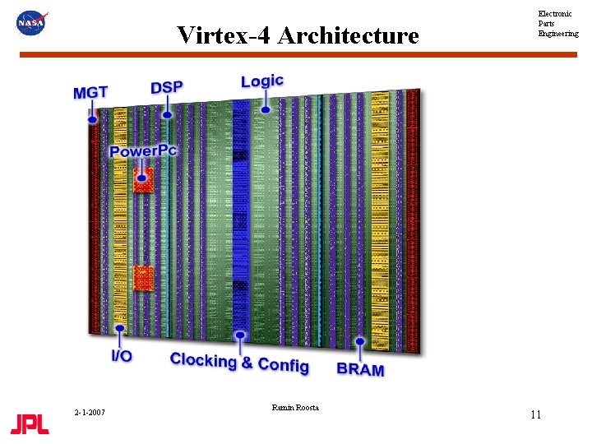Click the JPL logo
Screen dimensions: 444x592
point(30,424)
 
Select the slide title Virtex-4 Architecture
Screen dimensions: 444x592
point(298,35)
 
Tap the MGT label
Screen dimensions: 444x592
point(90,93)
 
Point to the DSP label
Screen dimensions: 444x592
point(167,87)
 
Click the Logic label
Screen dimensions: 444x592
point(261,81)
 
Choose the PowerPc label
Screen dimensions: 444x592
point(143,151)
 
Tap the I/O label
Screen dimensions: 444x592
point(122,356)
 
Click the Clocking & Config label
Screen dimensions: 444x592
point(239,362)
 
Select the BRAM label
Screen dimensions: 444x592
point(360,369)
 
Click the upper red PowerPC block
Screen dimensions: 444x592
point(143,180)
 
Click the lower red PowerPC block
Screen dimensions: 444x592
point(143,277)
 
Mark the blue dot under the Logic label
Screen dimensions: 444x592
point(265,109)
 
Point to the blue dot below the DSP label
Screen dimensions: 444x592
point(167,114)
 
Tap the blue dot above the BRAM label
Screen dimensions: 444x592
point(359,341)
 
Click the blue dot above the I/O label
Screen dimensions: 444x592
point(120,329)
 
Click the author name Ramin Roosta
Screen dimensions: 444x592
point(294,408)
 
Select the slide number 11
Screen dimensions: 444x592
point(535,414)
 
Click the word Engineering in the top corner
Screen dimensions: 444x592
point(558,34)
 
